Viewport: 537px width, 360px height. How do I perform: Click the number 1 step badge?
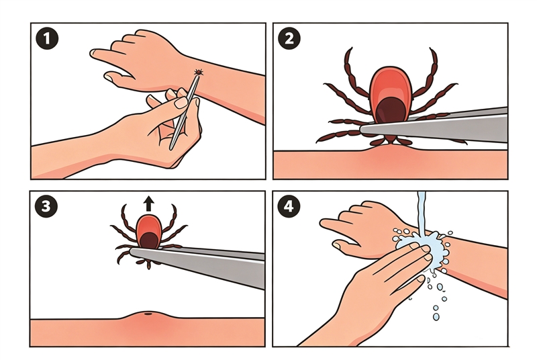coord(47,38)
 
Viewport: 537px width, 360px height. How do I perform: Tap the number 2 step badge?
coord(289,38)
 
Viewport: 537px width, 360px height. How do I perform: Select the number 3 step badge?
coord(46,206)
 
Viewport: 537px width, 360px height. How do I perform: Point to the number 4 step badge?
coord(289,206)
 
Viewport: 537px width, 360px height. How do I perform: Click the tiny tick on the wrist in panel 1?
coord(198,73)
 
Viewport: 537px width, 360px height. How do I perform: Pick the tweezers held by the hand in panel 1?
coord(184,111)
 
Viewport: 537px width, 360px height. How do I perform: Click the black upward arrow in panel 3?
coord(148,203)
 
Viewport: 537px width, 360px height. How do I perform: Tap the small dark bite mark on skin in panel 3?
coord(148,313)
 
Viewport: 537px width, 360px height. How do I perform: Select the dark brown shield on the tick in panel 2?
coord(391,109)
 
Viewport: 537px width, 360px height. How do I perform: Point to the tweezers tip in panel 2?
coord(364,129)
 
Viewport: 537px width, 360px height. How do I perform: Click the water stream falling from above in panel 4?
coord(422,212)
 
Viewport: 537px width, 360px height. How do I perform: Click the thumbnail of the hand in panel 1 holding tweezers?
coord(181,102)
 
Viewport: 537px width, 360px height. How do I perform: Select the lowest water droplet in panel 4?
coord(436,317)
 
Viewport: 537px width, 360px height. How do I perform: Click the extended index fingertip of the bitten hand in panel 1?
coord(93,53)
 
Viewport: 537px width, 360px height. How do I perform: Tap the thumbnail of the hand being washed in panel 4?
coord(338,245)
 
